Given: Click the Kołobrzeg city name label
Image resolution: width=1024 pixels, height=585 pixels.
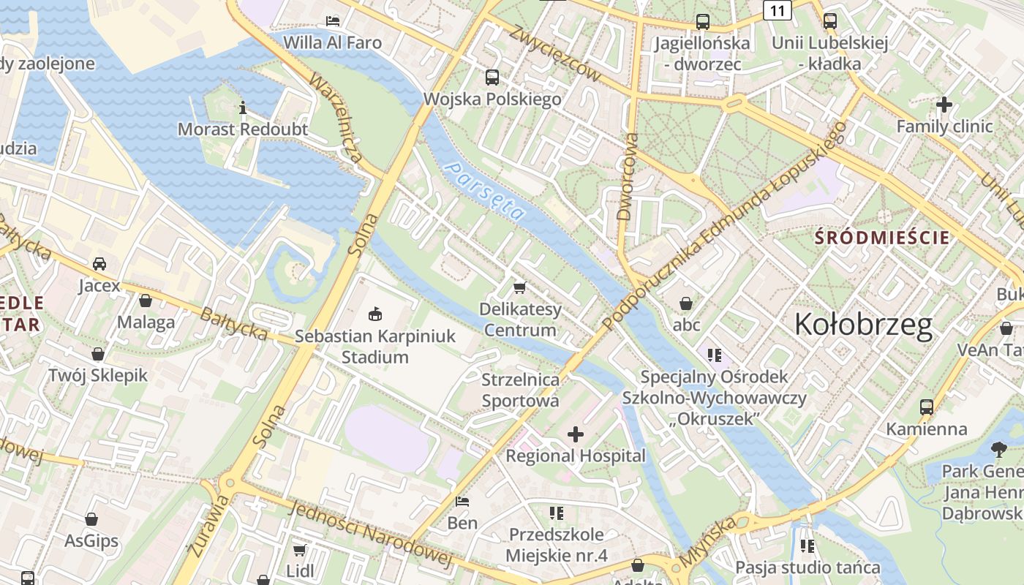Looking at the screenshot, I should click(863, 325).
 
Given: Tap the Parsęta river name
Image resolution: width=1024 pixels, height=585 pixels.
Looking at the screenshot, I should click(485, 192).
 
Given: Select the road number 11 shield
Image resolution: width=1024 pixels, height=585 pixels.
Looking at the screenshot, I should click(777, 10).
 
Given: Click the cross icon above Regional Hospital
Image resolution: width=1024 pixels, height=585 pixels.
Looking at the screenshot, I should click(576, 435).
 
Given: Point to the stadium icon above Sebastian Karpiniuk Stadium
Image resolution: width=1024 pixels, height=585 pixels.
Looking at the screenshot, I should click(375, 315).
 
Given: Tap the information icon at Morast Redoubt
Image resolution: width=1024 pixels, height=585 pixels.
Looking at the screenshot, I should click(243, 109).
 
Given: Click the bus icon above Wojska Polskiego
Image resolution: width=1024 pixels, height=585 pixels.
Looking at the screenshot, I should click(492, 77).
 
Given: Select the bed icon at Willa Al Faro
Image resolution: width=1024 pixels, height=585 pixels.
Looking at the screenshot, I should click(333, 20).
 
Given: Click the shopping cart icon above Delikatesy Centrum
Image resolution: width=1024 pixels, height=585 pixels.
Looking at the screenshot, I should click(520, 287).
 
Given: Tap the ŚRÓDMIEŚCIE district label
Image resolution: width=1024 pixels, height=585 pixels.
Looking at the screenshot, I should click(882, 238).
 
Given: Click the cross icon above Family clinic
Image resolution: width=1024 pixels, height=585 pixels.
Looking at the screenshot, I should click(944, 105).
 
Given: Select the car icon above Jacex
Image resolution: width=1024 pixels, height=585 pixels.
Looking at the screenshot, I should click(99, 264).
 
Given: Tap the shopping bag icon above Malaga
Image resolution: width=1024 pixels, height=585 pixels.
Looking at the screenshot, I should click(146, 301).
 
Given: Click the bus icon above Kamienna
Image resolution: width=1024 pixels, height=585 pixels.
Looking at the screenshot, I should click(926, 407).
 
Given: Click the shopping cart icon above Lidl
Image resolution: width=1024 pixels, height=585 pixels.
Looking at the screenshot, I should click(299, 549).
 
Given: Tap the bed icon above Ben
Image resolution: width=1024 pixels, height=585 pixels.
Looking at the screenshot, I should click(462, 502).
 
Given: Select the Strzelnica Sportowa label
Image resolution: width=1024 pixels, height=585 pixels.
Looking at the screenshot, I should click(520, 390).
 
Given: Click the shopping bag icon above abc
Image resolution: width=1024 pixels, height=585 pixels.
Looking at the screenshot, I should click(686, 303).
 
